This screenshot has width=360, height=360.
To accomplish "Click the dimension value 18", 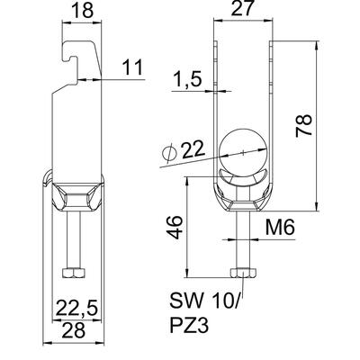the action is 83,10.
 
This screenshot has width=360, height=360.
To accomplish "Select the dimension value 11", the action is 132,67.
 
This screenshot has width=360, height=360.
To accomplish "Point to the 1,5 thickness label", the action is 187,79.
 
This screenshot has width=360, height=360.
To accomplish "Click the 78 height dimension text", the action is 304,125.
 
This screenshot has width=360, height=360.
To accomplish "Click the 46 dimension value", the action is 175,227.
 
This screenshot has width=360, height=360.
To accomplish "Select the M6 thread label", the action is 280,227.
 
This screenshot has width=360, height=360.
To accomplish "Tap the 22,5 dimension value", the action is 77,308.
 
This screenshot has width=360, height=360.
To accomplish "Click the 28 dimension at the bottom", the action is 74,331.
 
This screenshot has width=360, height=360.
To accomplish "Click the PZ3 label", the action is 189,325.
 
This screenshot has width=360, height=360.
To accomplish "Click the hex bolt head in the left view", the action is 74,273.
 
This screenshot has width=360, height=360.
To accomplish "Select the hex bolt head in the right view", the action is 243,273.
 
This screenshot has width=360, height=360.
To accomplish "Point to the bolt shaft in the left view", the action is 74,240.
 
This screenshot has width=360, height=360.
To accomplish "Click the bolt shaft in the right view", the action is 243,240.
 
